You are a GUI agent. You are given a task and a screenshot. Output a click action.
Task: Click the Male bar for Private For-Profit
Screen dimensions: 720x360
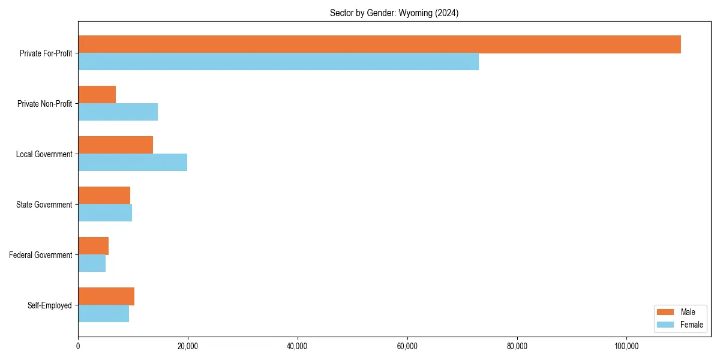379,44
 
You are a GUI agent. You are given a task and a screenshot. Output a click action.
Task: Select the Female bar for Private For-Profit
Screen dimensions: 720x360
278,62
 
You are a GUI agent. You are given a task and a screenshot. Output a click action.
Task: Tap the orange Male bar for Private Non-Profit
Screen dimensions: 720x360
97,95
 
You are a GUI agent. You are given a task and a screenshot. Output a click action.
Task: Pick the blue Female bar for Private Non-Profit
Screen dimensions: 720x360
118,112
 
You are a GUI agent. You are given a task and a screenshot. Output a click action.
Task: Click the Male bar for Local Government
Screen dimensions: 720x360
115,145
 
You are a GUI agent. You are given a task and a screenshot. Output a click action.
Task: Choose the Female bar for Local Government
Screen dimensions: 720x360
133,163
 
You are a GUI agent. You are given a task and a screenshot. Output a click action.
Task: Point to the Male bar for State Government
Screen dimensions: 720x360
104,196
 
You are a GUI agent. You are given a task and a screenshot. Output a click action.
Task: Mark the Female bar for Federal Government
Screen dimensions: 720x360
92,263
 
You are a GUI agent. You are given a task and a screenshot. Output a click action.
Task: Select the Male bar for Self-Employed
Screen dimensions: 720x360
106,296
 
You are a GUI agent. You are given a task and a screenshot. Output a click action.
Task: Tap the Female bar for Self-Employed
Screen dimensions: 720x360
103,314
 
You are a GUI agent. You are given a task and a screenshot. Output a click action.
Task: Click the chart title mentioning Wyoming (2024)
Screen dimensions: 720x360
394,13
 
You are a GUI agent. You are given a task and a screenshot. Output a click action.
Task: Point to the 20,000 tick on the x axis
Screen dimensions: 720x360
188,346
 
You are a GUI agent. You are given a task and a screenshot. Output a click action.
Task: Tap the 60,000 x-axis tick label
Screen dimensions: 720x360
407,346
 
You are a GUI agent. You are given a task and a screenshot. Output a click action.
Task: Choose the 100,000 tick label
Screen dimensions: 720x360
626,346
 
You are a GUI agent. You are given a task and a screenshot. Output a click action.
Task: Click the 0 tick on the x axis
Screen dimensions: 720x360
78,346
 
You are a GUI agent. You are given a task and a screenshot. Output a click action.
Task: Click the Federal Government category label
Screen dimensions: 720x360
41,255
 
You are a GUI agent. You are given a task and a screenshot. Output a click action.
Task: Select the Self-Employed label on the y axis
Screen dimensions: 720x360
50,305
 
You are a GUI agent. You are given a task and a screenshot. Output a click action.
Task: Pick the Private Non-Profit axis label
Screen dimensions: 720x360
44,104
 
